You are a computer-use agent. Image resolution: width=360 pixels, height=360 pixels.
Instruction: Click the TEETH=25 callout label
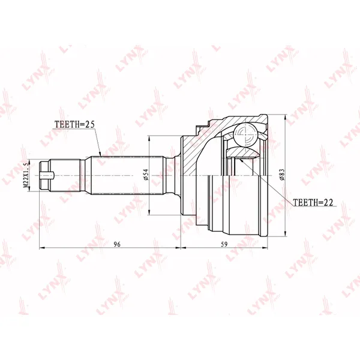(74, 124)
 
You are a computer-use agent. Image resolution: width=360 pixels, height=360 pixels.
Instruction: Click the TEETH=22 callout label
(313, 202)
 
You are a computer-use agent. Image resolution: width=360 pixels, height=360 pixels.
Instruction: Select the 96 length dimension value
(117, 244)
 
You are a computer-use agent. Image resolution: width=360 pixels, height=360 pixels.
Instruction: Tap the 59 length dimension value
(224, 244)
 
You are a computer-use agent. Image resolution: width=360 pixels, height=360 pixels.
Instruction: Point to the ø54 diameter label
(146, 175)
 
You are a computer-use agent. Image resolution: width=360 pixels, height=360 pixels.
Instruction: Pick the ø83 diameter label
(282, 175)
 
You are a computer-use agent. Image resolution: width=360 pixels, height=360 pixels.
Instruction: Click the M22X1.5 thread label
(26, 175)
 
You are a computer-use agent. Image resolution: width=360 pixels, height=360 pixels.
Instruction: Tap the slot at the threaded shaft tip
(47, 176)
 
